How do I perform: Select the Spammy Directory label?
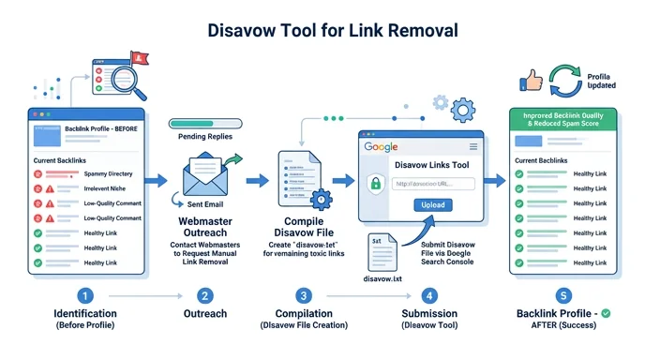pyautogui.click(x=107, y=174)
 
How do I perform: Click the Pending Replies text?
pyautogui.click(x=204, y=137)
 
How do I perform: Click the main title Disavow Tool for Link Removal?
pyautogui.click(x=322, y=29)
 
